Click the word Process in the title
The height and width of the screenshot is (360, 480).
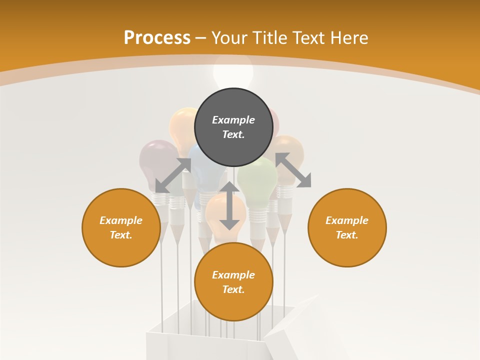click(157, 38)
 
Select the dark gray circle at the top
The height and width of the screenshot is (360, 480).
click(233, 127)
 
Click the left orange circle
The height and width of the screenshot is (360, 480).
click(121, 227)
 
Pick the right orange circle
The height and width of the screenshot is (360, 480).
click(347, 227)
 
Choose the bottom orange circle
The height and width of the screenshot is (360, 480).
click(233, 281)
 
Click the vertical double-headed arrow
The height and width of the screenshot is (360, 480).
click(229, 205)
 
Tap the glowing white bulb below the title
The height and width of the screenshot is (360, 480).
click(233, 72)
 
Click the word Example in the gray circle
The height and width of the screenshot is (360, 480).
click(233, 120)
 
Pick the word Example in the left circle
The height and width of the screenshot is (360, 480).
click(121, 220)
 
